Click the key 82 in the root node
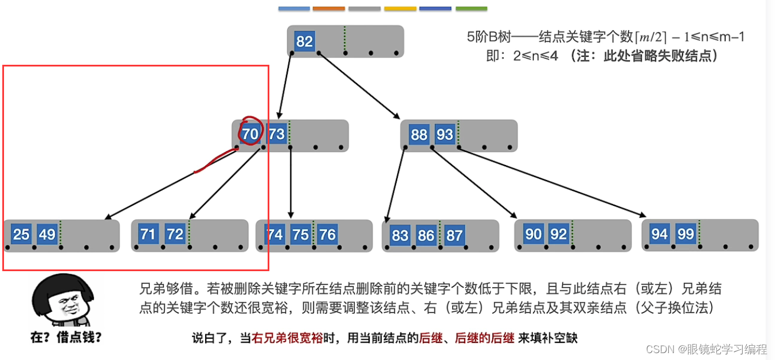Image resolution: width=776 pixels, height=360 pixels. pos(304,41)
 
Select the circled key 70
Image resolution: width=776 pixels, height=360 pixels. pos(250,134)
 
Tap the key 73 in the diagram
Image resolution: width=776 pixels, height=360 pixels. pos(276,134)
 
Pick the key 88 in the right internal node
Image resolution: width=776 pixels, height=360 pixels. pos(419,135)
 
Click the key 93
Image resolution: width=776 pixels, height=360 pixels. pos(445,135)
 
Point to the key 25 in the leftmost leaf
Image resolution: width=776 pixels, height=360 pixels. pos(21,234)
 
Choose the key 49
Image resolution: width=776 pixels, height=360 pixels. pos(47,234)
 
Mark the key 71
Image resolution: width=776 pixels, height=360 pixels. pos(148,234)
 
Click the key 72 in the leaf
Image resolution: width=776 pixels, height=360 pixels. pos(175,234)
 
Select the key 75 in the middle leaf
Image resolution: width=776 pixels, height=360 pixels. pos(300,234)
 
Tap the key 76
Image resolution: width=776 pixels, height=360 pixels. pos(327,234)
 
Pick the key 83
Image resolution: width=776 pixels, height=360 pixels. pos(400,235)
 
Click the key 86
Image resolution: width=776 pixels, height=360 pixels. pos(426,235)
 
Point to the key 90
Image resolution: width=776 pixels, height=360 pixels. pos(533,234)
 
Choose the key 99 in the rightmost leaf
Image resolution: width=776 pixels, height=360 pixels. pos(685,234)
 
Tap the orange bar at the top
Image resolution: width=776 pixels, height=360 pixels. pos(329,9)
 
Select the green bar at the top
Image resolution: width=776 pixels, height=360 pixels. pos(471,9)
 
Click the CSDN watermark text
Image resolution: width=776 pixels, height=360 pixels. pos(706,349)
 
